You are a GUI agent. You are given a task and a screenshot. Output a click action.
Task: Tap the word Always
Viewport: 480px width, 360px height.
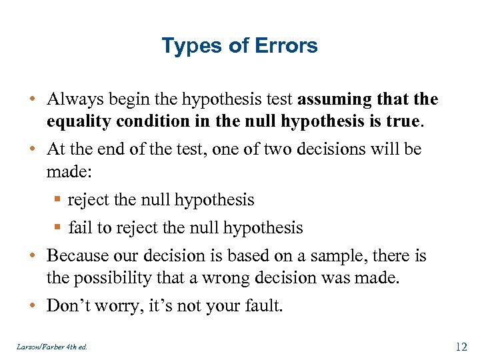(72, 99)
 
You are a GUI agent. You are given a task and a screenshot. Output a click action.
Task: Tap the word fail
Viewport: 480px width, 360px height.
(79, 228)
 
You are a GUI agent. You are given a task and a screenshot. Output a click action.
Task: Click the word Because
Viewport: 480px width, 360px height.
(75, 256)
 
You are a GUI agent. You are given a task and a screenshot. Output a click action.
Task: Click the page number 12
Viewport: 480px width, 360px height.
(461, 347)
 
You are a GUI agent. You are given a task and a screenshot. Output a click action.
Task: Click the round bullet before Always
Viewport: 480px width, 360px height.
(32, 100)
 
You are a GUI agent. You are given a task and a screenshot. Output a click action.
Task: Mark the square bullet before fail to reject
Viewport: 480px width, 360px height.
(59, 229)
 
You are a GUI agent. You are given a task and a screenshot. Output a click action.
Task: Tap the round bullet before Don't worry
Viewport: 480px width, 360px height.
(32, 307)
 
